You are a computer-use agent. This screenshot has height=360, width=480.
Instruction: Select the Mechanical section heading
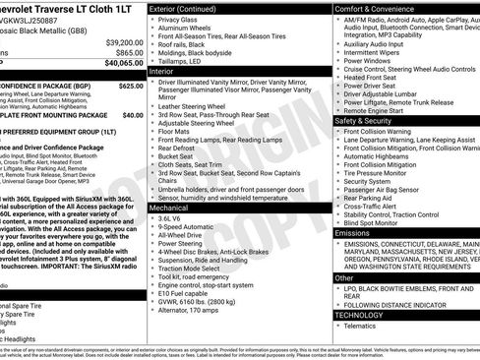pyautogui.click(x=169, y=210)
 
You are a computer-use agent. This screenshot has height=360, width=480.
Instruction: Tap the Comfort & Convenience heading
pyautogui.click(x=379, y=8)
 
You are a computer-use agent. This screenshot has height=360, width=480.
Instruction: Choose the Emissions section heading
pyautogui.click(x=354, y=232)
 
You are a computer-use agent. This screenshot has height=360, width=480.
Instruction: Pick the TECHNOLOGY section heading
pyautogui.click(x=362, y=315)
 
